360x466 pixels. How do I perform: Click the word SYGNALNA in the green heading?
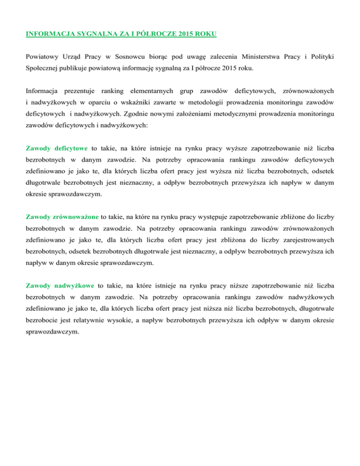click(95, 34)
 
